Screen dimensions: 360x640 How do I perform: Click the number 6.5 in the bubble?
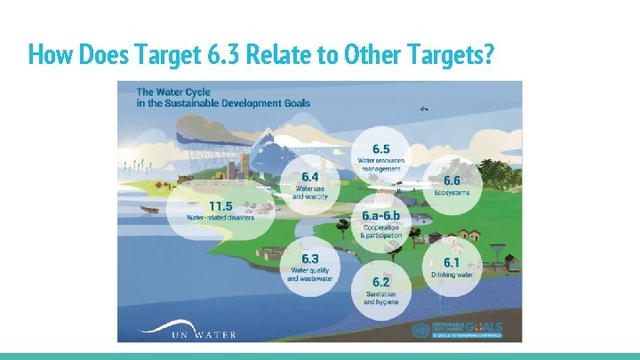[x=380, y=148]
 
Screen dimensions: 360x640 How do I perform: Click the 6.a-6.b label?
[x=381, y=216]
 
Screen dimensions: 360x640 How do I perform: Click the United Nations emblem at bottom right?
[x=420, y=330]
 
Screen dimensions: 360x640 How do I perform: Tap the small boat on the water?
[x=150, y=211]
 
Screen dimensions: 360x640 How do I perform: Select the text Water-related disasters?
[x=220, y=217]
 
